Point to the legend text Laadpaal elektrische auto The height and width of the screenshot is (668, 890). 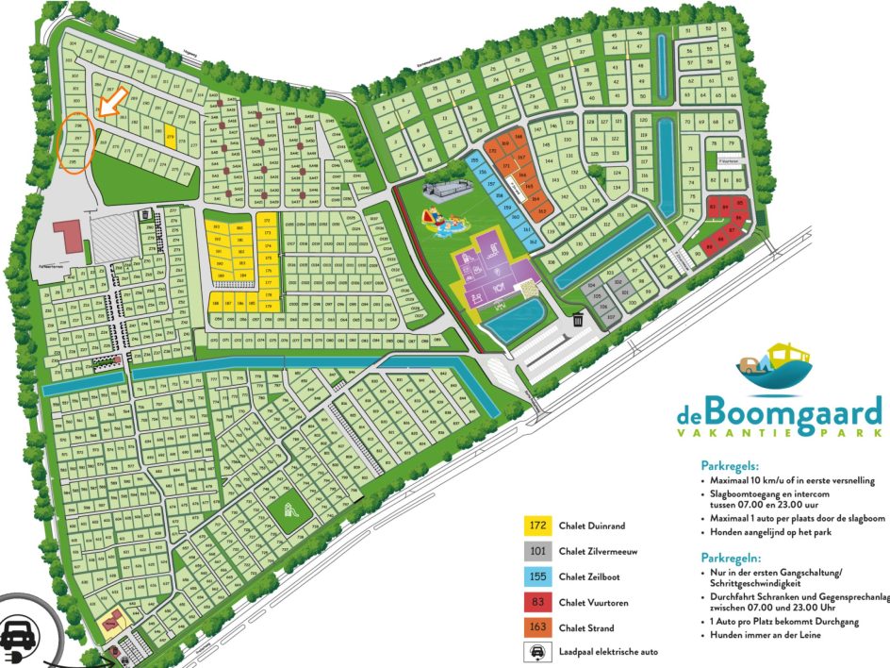608,652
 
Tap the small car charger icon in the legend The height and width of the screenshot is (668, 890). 536,652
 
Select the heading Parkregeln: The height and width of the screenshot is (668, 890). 733,558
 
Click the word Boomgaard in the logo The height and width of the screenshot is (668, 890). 794,412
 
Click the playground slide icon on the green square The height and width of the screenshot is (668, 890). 291,510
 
